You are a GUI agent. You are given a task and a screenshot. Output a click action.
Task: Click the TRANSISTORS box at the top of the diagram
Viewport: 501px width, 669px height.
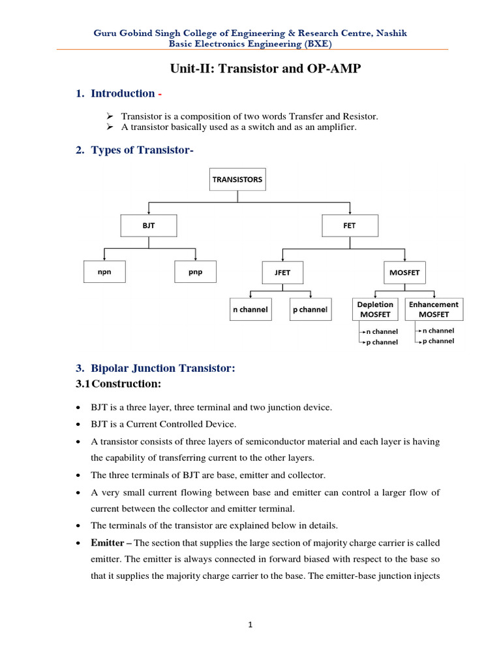(x=237, y=179)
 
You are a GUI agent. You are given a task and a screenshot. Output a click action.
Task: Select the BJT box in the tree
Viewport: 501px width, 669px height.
(x=149, y=226)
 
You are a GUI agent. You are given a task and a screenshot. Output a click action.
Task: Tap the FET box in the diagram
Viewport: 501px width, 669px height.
(x=349, y=226)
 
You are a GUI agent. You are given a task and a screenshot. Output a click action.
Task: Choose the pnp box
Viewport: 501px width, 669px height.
(x=195, y=272)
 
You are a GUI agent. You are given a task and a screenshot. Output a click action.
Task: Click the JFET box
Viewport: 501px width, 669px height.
(x=282, y=272)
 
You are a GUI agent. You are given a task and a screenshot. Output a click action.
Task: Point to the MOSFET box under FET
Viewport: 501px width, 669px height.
(x=404, y=272)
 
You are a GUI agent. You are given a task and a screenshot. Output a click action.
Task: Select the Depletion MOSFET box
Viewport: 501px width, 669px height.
(x=375, y=310)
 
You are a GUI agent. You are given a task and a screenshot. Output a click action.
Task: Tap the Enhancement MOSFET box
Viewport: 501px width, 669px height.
(x=434, y=310)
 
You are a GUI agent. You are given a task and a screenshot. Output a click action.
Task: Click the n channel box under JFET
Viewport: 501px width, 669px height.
(x=250, y=310)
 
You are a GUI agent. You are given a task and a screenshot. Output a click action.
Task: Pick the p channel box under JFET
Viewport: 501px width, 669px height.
(x=310, y=310)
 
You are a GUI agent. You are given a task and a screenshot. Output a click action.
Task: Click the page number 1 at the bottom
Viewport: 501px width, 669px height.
(x=250, y=625)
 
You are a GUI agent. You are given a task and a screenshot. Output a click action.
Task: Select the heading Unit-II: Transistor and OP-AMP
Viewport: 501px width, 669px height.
(x=250, y=69)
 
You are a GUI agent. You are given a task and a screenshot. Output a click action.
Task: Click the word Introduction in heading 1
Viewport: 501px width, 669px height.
(x=123, y=93)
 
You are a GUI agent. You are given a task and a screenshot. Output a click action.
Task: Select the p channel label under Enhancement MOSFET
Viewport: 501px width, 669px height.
(x=438, y=341)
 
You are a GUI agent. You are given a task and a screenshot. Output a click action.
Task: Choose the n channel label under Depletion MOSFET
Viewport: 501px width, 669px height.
(x=381, y=332)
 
